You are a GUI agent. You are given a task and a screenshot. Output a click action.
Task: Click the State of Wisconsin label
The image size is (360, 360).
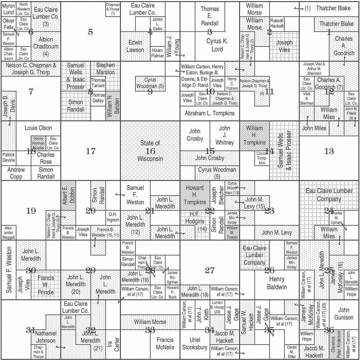150,151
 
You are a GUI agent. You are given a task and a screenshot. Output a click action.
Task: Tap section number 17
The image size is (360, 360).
91,151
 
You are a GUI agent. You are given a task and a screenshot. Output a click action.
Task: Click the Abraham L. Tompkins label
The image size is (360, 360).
210,113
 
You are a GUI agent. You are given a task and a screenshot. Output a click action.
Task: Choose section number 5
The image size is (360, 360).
90,32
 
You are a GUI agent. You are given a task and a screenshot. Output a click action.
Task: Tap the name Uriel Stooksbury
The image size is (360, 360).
195,343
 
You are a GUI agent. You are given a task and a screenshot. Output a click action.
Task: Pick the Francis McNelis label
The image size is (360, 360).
165,343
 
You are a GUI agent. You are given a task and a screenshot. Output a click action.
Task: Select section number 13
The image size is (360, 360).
329,151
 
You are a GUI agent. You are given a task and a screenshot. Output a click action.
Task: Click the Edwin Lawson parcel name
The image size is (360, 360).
135,46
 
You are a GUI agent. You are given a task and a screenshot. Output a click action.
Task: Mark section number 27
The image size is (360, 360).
210,270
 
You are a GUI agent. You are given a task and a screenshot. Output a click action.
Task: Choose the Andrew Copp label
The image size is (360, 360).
16,173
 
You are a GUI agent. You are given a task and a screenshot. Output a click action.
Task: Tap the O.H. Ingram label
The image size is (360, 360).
112,217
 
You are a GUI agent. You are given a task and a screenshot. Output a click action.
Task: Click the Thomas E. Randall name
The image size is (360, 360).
210,16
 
